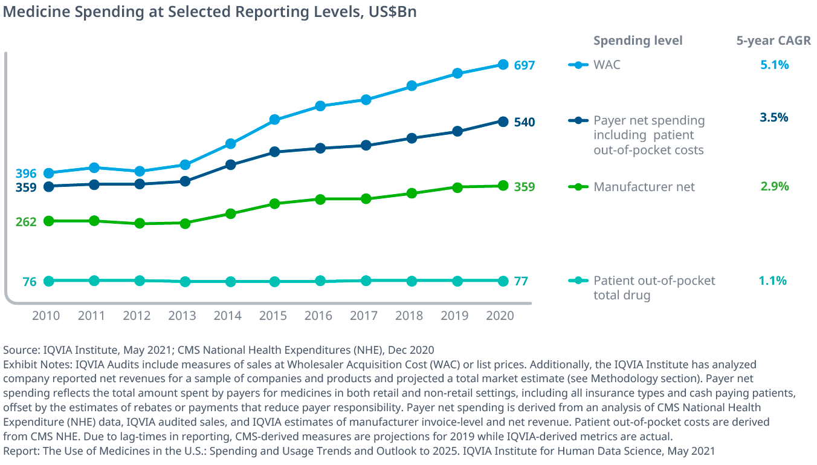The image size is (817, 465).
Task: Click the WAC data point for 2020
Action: [x=503, y=64]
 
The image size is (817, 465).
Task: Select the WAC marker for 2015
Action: [x=275, y=120]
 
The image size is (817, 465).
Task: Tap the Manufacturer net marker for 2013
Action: [x=185, y=223]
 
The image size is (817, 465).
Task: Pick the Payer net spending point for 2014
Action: [x=230, y=164]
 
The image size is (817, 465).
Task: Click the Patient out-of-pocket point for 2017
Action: [x=366, y=281]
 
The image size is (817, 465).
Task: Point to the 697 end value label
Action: [x=525, y=65]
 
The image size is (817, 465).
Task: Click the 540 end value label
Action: [x=525, y=122]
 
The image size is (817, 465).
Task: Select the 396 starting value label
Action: [x=26, y=174]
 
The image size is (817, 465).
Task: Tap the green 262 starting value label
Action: [x=26, y=222]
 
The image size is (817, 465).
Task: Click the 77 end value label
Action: [x=521, y=281]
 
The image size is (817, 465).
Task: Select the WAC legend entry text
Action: [x=607, y=65]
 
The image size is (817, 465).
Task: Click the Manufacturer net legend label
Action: [x=644, y=187]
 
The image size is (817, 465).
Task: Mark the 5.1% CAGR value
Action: [x=774, y=65]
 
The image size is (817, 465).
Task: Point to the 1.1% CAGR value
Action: [x=773, y=281]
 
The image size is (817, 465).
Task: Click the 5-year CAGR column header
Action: [x=773, y=41]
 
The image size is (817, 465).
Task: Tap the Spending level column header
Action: [x=638, y=41]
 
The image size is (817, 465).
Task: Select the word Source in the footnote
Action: [x=20, y=350]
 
